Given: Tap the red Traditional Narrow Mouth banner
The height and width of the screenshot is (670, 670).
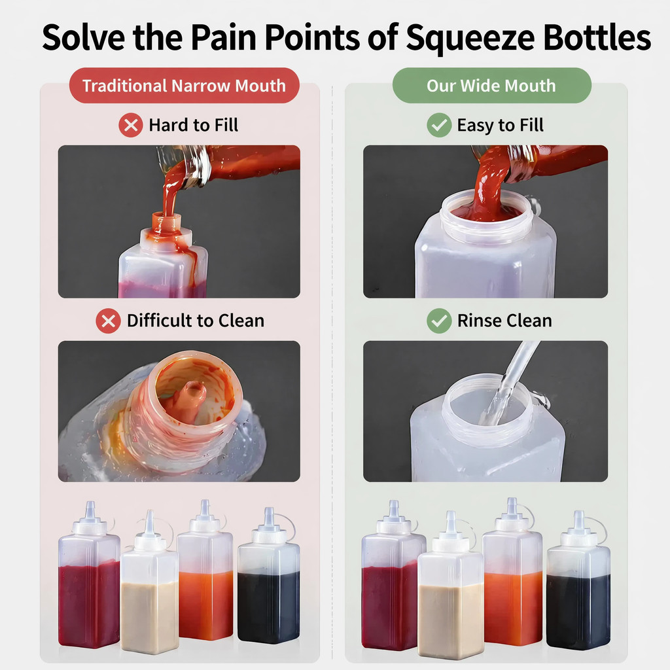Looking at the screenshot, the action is pos(184,86).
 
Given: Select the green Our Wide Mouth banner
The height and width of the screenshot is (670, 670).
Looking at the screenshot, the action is pos(492,86).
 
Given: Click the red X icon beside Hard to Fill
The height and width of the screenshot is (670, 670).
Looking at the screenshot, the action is pos(131,125).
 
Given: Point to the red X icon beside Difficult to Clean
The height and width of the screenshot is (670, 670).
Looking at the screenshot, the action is pos(108,321).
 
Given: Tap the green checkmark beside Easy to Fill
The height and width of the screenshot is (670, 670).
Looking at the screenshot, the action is pos(439,125).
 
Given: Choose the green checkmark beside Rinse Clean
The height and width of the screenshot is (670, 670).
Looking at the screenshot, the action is pos(439,321).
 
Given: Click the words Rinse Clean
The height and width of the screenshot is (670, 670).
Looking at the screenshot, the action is pos(504,321).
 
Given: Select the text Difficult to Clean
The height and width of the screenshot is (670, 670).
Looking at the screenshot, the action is pos(196,321).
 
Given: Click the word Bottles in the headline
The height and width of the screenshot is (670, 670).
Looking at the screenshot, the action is pos(597,37).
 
